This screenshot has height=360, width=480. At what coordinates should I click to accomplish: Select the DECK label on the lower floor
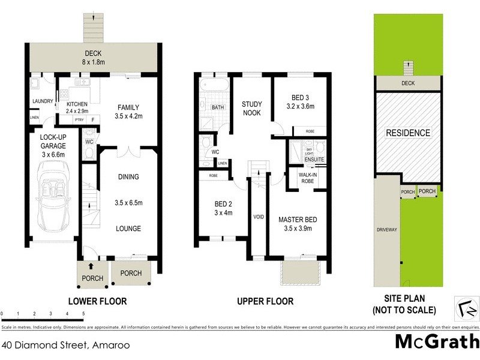[93, 53]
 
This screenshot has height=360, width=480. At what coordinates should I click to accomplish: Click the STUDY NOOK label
[251, 108]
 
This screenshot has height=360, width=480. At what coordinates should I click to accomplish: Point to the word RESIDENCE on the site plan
[407, 133]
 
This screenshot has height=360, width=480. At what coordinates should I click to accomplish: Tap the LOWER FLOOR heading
[97, 301]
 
